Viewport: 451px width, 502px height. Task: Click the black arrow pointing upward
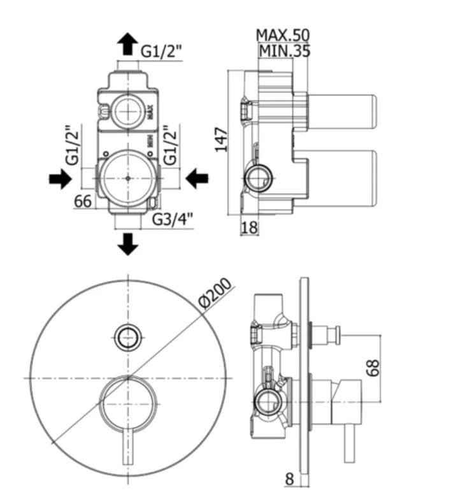coord(128,44)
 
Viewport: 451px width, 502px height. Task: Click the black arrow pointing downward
coord(129,244)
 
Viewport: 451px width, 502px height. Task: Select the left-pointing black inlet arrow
coord(197,180)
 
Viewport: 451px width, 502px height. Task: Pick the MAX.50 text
coord(283,34)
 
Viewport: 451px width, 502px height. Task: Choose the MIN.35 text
coord(284,52)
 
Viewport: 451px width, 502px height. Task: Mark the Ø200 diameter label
coord(213,294)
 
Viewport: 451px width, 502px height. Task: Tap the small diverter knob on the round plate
coord(128,336)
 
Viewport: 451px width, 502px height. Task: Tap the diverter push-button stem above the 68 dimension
coord(329,334)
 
